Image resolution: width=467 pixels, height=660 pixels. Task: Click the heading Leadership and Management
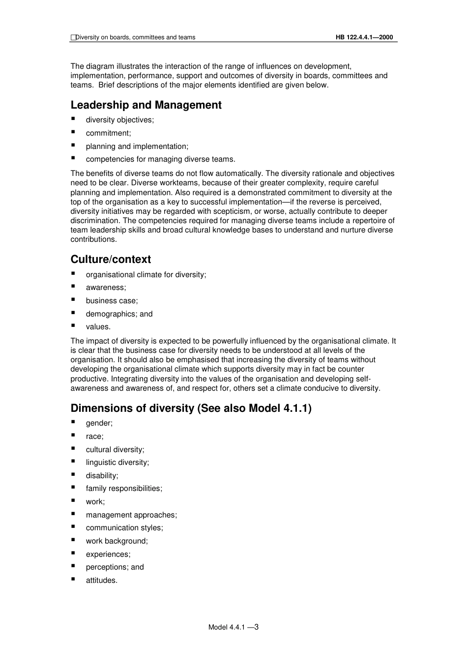click(146, 105)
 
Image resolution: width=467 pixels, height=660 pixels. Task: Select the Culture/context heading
click(111, 259)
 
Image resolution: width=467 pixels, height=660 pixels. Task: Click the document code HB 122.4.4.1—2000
click(364, 37)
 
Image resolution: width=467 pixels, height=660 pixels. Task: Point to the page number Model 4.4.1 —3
click(233, 627)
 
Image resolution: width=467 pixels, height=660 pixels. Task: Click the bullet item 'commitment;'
click(108, 133)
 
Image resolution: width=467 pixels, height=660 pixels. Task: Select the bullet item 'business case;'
click(112, 301)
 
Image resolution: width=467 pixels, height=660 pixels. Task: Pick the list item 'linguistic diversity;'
click(117, 462)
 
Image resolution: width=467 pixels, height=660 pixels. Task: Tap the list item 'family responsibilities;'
click(124, 488)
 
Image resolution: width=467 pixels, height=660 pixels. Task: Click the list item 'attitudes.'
click(102, 580)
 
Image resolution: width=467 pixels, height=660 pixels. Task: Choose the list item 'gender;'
click(99, 423)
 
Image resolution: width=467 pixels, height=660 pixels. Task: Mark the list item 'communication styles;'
click(124, 528)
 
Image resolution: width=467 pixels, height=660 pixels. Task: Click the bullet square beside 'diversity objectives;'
click(73, 119)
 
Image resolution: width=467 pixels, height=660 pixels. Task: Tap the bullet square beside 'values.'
click(73, 326)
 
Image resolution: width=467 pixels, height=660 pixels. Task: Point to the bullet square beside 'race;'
click(73, 435)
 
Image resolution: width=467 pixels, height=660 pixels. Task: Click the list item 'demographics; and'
click(119, 314)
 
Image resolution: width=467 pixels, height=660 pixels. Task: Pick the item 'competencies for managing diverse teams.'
click(160, 159)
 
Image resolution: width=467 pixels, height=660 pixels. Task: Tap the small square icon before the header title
click(73, 37)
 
